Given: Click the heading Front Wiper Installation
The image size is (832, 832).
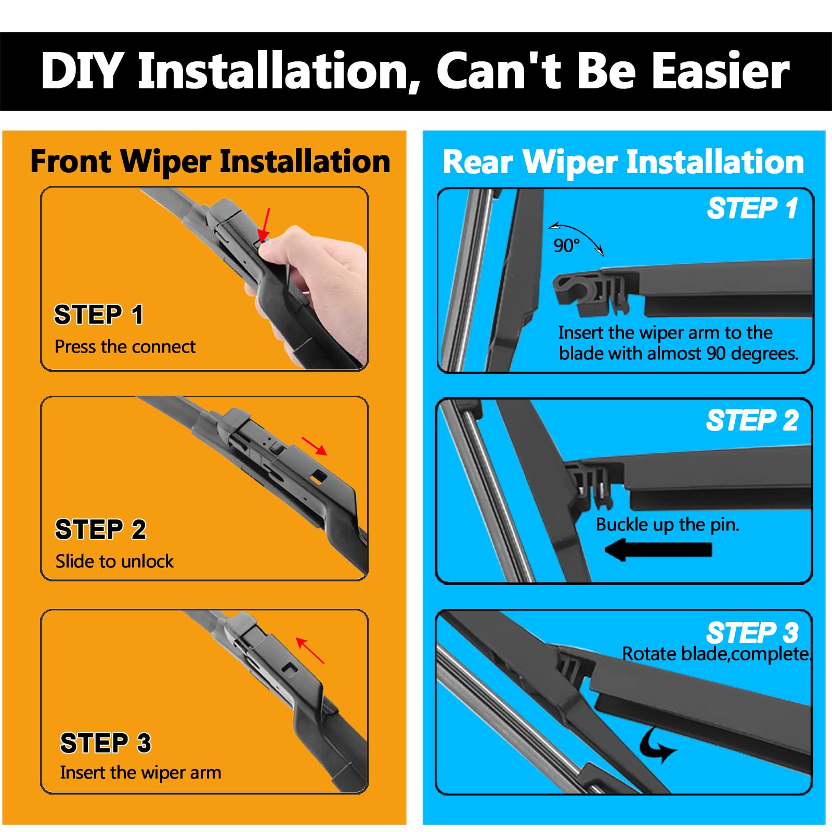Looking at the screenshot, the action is [x=210, y=162].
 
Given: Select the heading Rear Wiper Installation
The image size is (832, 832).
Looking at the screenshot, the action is [x=623, y=162].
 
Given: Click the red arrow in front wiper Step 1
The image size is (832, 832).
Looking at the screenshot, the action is [x=265, y=225].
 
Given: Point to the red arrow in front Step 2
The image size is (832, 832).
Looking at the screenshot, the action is [x=315, y=446].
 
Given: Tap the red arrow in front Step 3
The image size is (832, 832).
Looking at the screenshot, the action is [x=310, y=650].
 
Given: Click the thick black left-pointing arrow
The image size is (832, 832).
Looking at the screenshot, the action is [x=658, y=550].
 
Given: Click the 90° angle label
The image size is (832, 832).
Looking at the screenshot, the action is [x=566, y=245].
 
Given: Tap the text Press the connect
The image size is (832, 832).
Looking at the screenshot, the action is [x=125, y=347].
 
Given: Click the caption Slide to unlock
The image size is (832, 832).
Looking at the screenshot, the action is [x=114, y=562].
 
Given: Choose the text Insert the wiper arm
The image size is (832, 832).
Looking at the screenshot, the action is [x=140, y=773].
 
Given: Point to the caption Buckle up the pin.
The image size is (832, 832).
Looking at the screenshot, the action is [x=668, y=525].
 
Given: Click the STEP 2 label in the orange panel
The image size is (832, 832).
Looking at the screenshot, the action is [x=101, y=530].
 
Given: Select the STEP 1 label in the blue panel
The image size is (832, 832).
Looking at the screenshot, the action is [x=752, y=209].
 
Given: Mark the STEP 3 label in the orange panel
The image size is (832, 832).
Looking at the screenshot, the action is [x=106, y=743].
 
